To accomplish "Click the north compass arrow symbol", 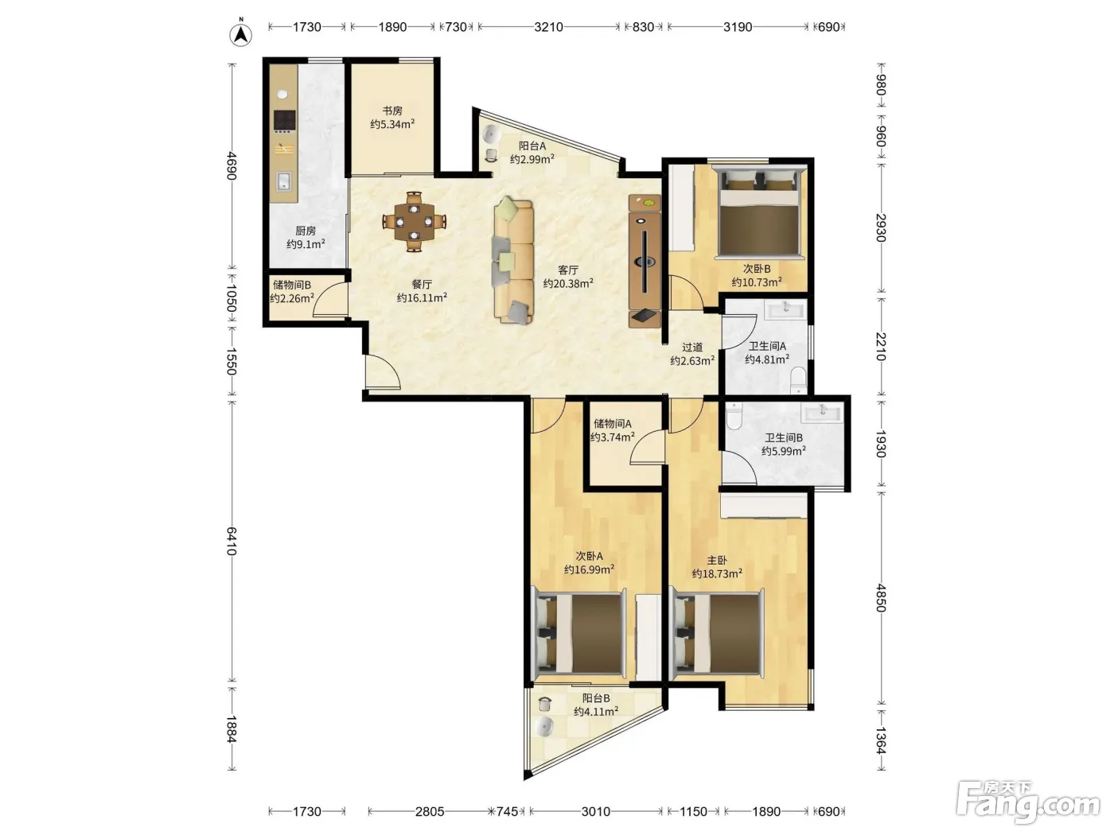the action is point(240,34).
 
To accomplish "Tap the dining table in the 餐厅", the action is point(414,222).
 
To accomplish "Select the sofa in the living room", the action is point(513,260).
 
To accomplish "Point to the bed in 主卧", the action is point(717,634).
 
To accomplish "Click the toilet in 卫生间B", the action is point(734,416).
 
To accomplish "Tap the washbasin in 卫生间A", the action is point(785,309).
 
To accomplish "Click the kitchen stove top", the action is point(284,121).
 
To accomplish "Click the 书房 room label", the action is point(392,111).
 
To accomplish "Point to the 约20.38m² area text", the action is point(568,283).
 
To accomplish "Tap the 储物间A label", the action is point(612,423).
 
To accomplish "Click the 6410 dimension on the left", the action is point(232,542).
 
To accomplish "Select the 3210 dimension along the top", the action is point(548,27).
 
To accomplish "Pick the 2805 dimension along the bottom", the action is point(430,812).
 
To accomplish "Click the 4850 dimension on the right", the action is point(881,598).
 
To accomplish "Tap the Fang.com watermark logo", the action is point(1027,803).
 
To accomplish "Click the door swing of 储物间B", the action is point(330,300).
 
